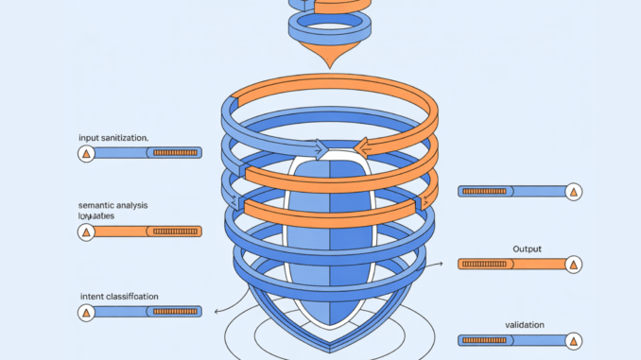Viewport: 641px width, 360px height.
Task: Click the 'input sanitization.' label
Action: (113, 138)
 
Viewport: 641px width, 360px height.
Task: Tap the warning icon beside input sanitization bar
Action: (86, 152)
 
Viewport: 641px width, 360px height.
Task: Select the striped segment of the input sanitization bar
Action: (174, 152)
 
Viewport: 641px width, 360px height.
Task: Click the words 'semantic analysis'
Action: (113, 205)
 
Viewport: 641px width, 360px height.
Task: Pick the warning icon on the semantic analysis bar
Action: (86, 231)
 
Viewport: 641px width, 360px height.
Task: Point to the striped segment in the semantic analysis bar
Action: (174, 231)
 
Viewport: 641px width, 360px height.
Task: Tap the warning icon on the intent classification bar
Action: (86, 311)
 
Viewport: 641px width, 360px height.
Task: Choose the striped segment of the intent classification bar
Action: (174, 311)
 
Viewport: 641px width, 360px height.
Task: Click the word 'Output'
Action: (528, 249)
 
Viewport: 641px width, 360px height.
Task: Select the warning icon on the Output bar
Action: (572, 264)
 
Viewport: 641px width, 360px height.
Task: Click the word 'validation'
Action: (524, 325)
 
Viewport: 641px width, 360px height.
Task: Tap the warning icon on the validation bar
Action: (572, 340)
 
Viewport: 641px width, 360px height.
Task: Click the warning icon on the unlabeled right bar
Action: (572, 192)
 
